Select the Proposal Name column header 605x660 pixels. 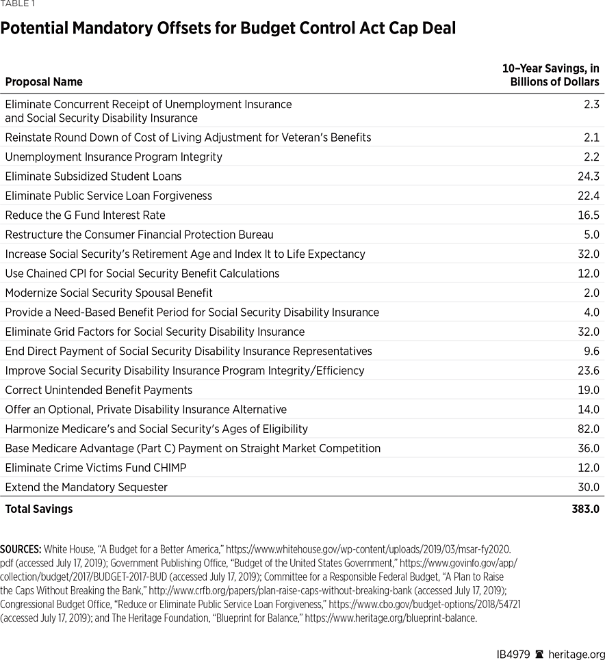(x=44, y=82)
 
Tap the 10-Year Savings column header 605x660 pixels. (x=550, y=75)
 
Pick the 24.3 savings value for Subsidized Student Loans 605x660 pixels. (x=588, y=176)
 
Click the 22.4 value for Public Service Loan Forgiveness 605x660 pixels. (x=588, y=196)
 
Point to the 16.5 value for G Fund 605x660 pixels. (x=589, y=215)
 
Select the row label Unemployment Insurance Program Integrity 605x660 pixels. (x=114, y=157)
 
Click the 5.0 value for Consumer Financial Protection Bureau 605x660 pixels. (x=591, y=235)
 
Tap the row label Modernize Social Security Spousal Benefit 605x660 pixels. (x=109, y=293)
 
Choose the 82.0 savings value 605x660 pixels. (x=588, y=429)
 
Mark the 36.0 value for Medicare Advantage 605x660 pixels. (x=588, y=449)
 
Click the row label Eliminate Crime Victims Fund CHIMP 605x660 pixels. (x=96, y=468)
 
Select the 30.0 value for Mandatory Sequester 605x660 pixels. (x=588, y=488)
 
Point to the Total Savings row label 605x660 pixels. (x=39, y=509)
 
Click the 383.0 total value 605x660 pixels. (x=585, y=509)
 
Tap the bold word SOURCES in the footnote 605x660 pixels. (x=21, y=549)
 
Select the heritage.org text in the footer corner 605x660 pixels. (x=577, y=655)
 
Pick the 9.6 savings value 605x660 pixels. (x=591, y=351)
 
